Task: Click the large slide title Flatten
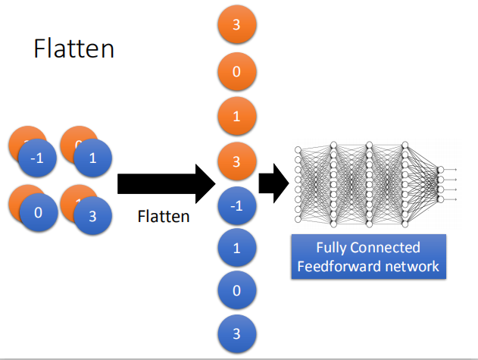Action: tap(73, 49)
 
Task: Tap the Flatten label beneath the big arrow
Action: tap(163, 217)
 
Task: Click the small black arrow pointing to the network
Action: tap(273, 183)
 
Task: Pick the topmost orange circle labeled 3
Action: tap(236, 25)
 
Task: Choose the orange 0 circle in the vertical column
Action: tap(236, 74)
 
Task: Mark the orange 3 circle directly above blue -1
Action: tap(236, 161)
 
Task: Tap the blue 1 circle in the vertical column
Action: tap(236, 247)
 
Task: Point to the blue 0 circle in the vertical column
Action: tap(236, 290)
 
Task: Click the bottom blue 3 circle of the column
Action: tap(236, 333)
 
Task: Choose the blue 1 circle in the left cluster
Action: tap(92, 159)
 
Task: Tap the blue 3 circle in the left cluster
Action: tap(92, 215)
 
